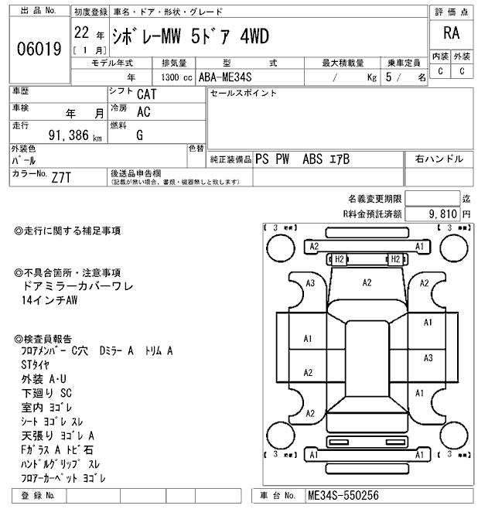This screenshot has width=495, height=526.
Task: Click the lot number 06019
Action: (x=39, y=49)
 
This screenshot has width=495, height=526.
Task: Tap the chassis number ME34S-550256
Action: (x=343, y=495)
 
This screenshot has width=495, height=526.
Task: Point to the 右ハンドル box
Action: (x=439, y=159)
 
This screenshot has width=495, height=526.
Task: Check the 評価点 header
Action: (x=451, y=12)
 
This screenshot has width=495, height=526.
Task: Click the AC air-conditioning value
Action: (x=143, y=111)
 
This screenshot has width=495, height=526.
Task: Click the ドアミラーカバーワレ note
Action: (x=79, y=286)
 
